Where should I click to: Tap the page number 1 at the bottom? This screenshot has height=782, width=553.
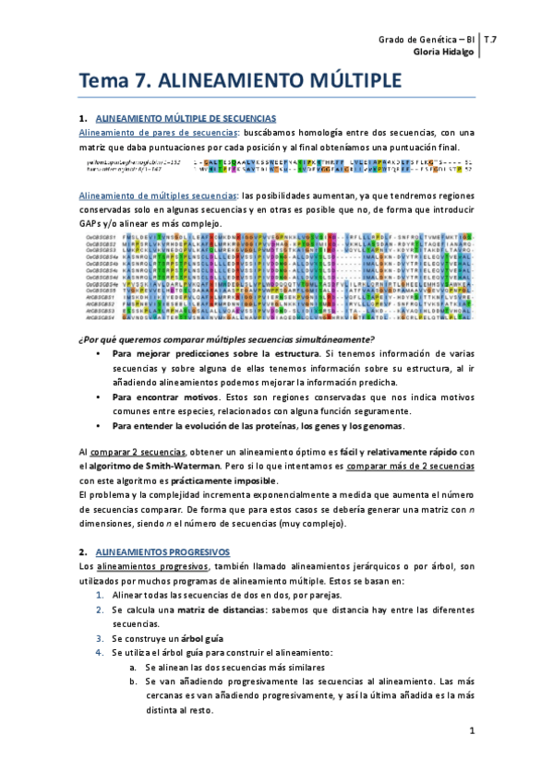[470, 732]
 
